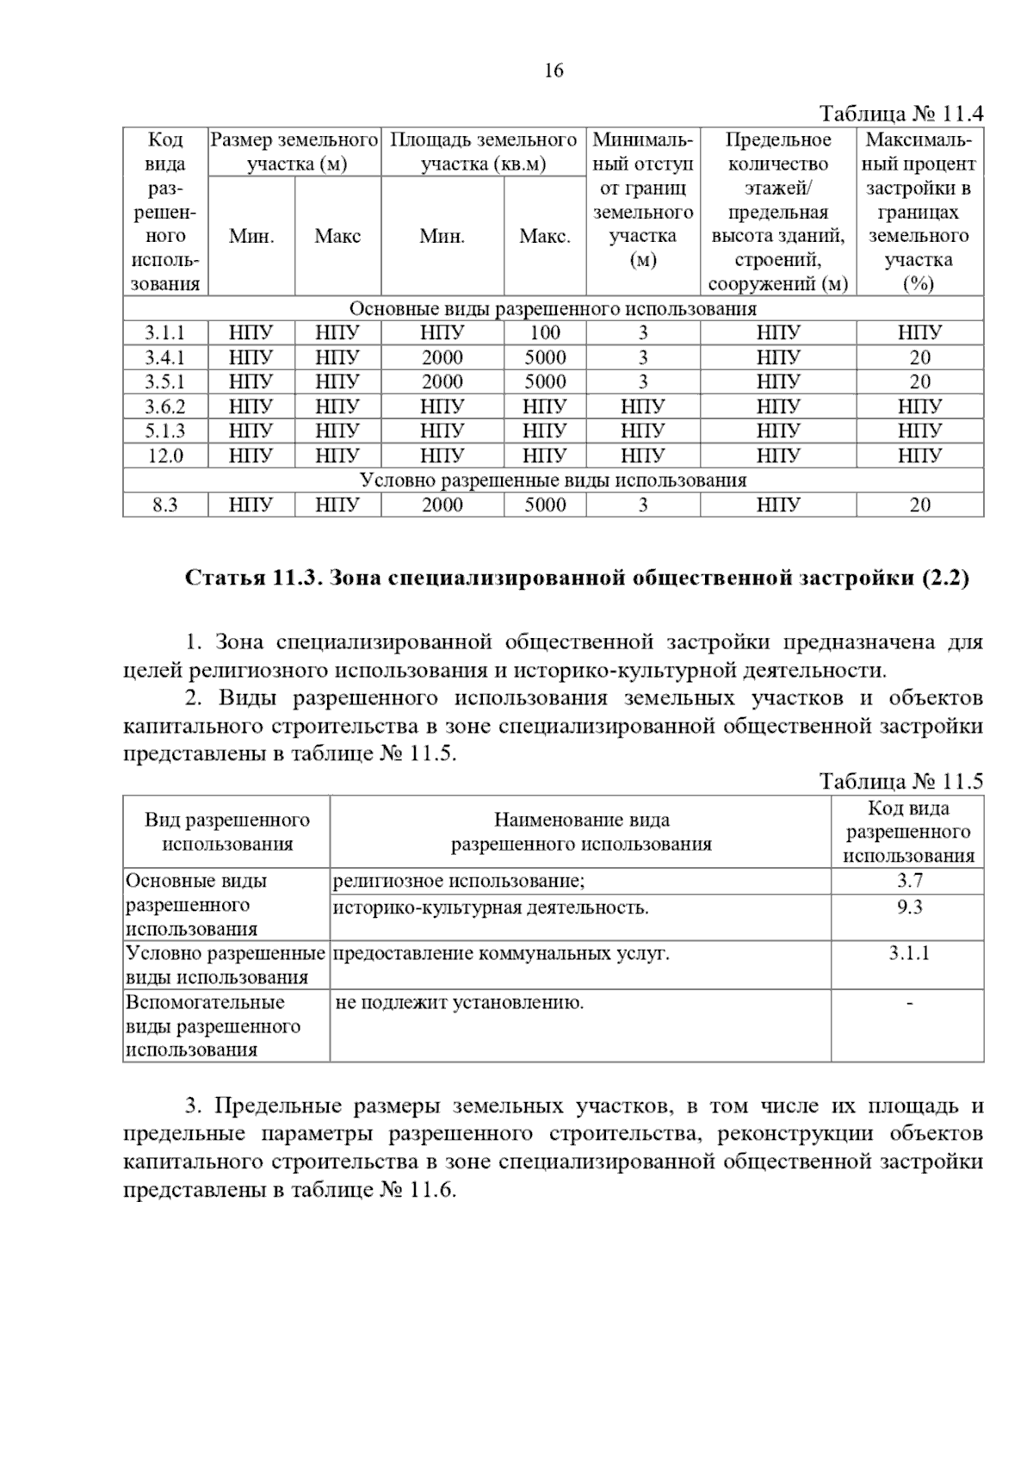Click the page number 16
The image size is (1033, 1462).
554,71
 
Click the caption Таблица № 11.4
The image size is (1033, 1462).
900,115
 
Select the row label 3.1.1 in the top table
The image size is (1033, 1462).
164,333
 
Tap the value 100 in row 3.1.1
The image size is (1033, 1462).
545,333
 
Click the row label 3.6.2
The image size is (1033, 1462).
164,406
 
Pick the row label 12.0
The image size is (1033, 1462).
164,455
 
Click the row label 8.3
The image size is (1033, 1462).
164,505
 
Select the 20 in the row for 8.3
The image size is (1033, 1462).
919,505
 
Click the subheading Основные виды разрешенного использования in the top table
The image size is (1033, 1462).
553,309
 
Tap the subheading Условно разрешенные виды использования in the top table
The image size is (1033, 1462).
553,480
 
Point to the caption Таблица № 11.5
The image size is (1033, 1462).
900,782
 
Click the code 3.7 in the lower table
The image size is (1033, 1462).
909,881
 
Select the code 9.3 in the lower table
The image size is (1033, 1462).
909,907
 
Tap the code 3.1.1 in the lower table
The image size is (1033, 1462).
909,953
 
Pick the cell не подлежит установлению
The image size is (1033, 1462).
460,1002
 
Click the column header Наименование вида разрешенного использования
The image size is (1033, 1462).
581,832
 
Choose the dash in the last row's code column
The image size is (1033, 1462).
909,1002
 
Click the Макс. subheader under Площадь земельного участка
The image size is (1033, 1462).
545,237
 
